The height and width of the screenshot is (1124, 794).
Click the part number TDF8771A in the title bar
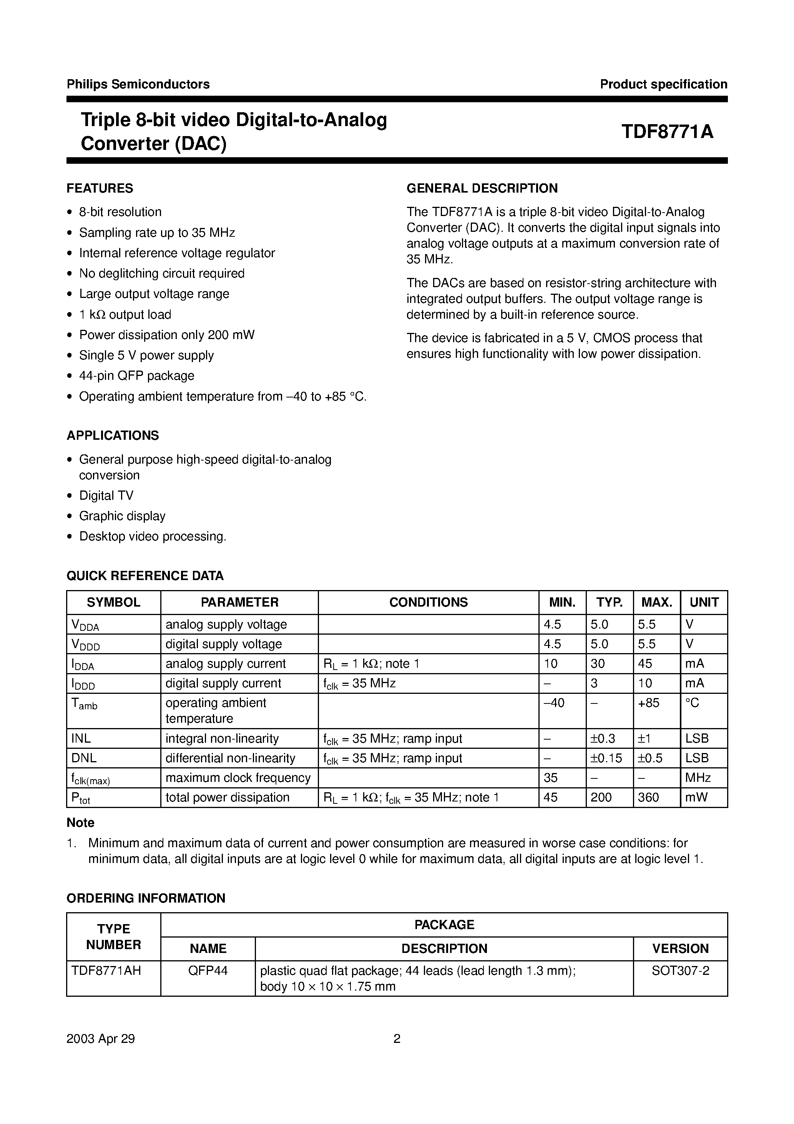pyautogui.click(x=667, y=132)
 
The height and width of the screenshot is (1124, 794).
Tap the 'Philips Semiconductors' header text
pyautogui.click(x=138, y=84)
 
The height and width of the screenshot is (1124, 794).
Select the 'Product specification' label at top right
pyautogui.click(x=663, y=84)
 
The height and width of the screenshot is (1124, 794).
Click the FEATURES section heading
pyautogui.click(x=100, y=188)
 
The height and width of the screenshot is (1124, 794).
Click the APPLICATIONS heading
pyautogui.click(x=113, y=435)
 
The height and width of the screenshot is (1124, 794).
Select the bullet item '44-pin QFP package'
pyautogui.click(x=136, y=376)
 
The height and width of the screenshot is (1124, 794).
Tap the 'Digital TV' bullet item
pyautogui.click(x=106, y=495)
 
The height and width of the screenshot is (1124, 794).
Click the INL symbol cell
pyautogui.click(x=81, y=738)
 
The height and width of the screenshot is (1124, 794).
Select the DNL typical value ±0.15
pyautogui.click(x=606, y=758)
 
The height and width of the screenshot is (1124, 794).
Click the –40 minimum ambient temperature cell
pyautogui.click(x=554, y=703)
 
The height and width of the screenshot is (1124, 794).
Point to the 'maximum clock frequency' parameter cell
pyautogui.click(x=238, y=777)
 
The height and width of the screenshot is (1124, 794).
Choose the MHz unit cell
pyautogui.click(x=698, y=777)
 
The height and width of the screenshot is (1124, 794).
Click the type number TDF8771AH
pyautogui.click(x=106, y=970)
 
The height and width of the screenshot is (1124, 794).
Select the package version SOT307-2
pyautogui.click(x=680, y=970)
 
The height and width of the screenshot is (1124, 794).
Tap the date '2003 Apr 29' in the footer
pyautogui.click(x=100, y=1038)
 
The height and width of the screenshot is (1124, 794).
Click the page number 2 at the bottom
pyautogui.click(x=397, y=1038)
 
